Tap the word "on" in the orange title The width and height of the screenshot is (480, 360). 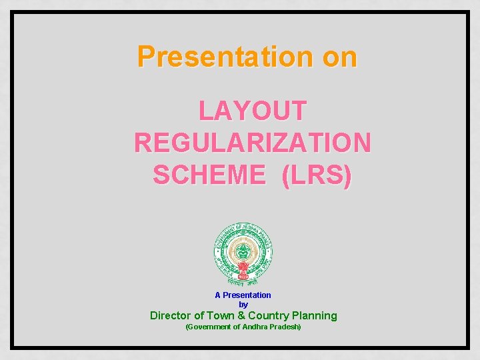[x=340, y=57]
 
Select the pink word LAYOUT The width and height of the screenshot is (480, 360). [x=253, y=111]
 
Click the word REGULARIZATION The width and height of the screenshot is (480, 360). [x=253, y=142]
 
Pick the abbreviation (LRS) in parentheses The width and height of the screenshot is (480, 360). [x=317, y=175]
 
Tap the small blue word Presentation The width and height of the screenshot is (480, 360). [x=247, y=295]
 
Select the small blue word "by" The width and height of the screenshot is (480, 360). [x=243, y=305]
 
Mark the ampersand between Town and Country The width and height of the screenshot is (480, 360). [x=242, y=315]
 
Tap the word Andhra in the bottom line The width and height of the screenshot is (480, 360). [x=255, y=327]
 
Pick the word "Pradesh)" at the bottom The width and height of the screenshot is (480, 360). [x=285, y=327]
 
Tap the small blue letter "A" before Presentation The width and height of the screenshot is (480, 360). [x=217, y=295]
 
